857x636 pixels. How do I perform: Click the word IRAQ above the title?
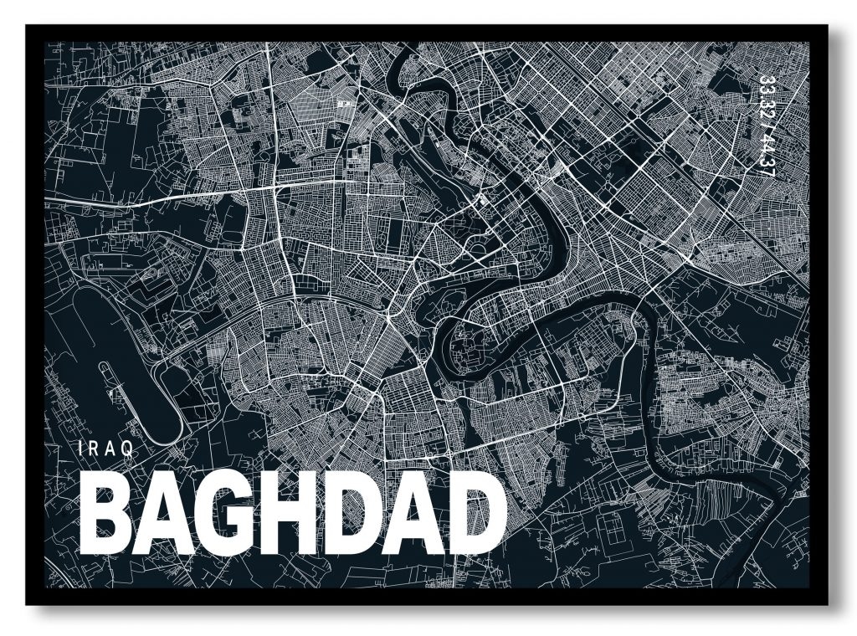pos(105,449)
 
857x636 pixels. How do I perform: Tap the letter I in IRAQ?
pos(80,449)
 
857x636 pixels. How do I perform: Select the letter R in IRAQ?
pos(94,449)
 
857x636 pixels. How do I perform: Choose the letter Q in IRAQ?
pos(128,449)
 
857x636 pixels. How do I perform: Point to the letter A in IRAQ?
pos(110,449)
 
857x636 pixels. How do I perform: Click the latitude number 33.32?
pos(762,97)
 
